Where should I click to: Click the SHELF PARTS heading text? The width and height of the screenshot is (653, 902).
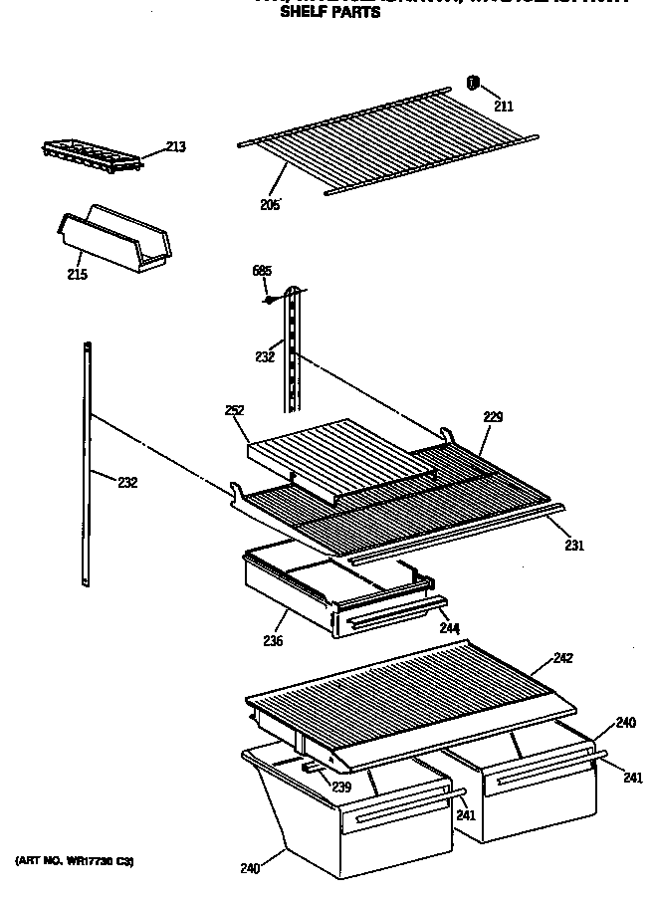(x=329, y=14)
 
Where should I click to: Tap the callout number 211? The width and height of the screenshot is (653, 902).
(x=506, y=106)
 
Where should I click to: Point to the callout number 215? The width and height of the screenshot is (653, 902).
(x=76, y=275)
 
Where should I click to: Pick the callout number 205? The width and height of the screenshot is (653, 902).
(x=269, y=206)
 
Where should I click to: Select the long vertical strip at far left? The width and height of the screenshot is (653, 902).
(x=88, y=463)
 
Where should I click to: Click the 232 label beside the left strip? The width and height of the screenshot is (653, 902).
(x=127, y=483)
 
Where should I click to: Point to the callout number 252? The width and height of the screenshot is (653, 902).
(x=235, y=410)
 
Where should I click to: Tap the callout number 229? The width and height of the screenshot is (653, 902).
(x=494, y=418)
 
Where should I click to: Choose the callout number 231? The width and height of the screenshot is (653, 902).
(x=574, y=545)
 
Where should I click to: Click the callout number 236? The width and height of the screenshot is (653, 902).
(x=273, y=641)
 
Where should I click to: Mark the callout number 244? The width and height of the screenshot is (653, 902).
(x=448, y=629)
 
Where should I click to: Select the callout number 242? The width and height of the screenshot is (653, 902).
(x=563, y=658)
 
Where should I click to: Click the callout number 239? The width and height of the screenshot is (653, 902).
(x=341, y=788)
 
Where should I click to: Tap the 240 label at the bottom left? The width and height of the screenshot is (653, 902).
(x=249, y=869)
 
